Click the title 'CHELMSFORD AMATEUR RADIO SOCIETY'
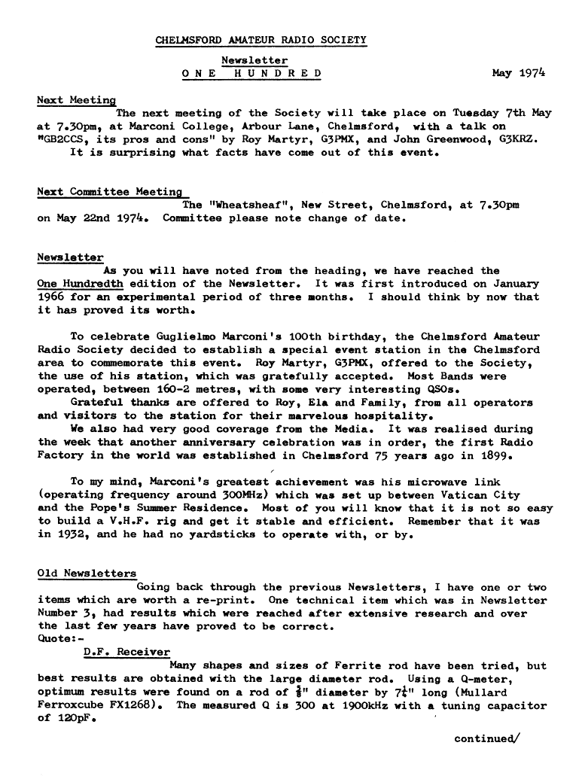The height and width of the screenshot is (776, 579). click(261, 39)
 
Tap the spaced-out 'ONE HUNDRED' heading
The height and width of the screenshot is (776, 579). click(253, 73)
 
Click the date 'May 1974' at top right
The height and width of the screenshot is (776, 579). click(518, 73)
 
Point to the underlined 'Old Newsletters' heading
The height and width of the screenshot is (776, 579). click(87, 574)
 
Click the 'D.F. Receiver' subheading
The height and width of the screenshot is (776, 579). click(126, 652)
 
